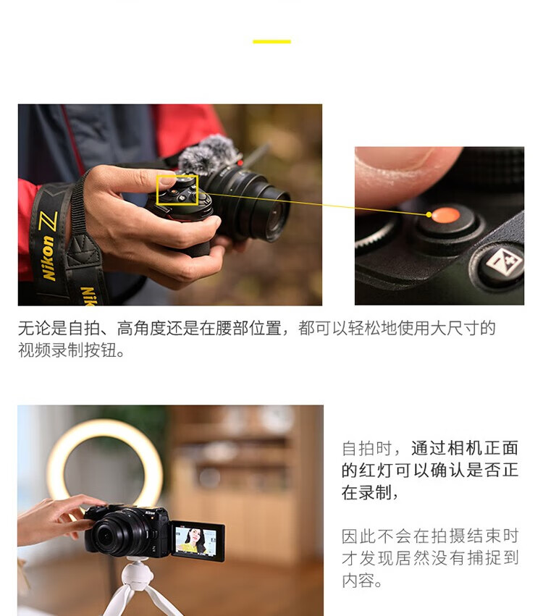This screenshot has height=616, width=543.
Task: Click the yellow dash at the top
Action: pyautogui.click(x=271, y=41)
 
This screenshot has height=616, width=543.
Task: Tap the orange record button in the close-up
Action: pyautogui.click(x=445, y=215)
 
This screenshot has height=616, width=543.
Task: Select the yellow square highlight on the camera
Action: pyautogui.click(x=177, y=190)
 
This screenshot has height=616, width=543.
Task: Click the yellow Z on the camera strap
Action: pyautogui.click(x=49, y=221)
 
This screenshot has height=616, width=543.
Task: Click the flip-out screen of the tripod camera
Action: pyautogui.click(x=197, y=541)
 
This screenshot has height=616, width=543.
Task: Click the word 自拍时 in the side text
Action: pyautogui.click(x=366, y=448)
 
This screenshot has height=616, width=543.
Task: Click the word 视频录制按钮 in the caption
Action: pyautogui.click(x=67, y=350)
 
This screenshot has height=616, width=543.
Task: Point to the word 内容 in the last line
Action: pyautogui.click(x=358, y=580)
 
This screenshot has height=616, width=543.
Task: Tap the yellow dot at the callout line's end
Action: pyautogui.click(x=429, y=214)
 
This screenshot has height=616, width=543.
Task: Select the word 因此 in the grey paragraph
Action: pyautogui.click(x=358, y=536)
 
